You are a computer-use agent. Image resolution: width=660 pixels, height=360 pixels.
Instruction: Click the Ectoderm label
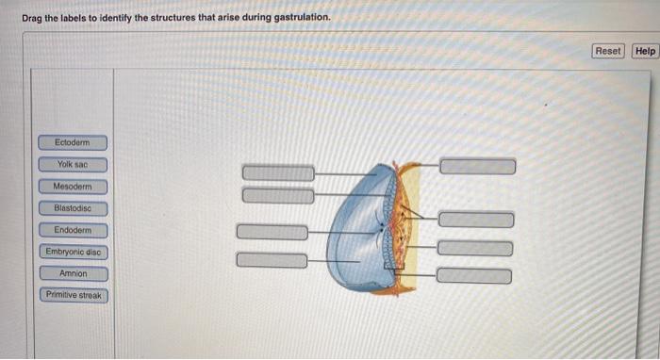click(73, 142)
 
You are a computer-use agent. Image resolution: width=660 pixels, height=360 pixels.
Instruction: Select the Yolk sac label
click(73, 164)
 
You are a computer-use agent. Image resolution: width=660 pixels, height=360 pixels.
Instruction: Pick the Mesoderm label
click(73, 187)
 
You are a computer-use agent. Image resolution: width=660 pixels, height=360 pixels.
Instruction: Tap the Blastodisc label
click(73, 208)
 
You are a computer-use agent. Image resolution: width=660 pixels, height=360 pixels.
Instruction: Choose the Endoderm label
click(73, 230)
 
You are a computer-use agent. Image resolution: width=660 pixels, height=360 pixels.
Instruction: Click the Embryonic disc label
click(74, 252)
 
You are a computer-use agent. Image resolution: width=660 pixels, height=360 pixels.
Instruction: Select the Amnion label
click(74, 273)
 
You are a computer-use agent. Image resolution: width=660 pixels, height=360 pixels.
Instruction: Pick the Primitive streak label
click(74, 295)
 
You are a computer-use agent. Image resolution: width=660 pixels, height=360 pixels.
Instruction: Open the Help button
click(645, 51)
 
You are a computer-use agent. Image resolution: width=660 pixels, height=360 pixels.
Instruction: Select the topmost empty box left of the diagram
click(278, 172)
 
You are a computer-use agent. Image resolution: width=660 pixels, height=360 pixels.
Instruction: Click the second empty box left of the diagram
click(278, 195)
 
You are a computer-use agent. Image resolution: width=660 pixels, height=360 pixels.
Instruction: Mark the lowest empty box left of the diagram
click(272, 260)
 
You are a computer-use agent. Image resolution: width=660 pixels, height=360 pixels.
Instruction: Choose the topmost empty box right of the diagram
click(478, 167)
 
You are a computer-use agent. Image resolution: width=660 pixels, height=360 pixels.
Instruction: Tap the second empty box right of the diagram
click(476, 220)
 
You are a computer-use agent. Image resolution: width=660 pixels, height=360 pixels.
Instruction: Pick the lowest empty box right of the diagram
click(474, 275)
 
